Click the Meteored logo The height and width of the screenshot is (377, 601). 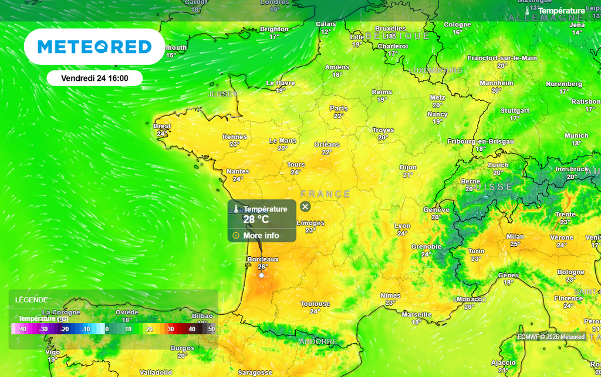point(94,47)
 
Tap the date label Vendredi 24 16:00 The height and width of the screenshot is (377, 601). point(94,78)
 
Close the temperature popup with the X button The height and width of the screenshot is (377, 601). point(305,206)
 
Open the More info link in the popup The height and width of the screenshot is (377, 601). point(261,236)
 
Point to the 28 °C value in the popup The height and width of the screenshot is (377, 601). point(256,219)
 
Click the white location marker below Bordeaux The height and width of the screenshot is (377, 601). point(261,275)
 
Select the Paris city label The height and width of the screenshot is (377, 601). point(339,108)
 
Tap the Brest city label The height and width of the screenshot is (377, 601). point(162,126)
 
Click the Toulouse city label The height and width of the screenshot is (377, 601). point(315,304)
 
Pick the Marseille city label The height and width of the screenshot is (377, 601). point(417,315)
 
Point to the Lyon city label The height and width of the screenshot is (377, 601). point(403,226)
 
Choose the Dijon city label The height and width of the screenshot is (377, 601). point(408,168)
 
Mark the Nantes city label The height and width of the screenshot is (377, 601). point(238,171)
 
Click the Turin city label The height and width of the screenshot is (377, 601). point(476,251)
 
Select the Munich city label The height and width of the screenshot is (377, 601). point(576,135)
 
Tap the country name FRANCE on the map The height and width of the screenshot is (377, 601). point(325,194)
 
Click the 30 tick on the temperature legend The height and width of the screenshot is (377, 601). point(171,330)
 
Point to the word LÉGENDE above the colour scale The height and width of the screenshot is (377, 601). point(32,300)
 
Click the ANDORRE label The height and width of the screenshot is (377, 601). point(318,341)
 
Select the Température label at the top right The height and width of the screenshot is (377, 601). point(561,11)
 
